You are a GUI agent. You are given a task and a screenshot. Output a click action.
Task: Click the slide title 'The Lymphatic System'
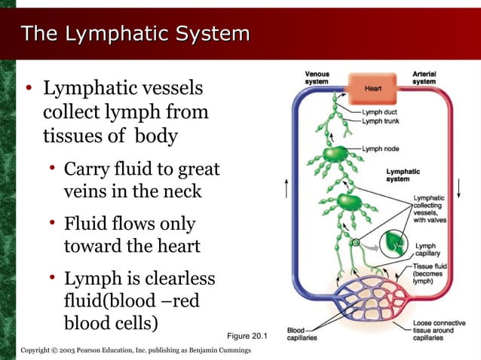pos(135,34)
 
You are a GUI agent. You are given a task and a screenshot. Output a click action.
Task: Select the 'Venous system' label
pos(317,78)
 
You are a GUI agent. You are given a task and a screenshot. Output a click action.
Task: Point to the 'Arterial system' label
pos(424,78)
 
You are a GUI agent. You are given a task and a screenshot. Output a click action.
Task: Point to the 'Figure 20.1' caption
pos(247,335)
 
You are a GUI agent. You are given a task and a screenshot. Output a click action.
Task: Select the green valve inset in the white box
pos(393,243)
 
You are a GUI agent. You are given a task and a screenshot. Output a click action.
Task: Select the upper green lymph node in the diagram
pos(333,155)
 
